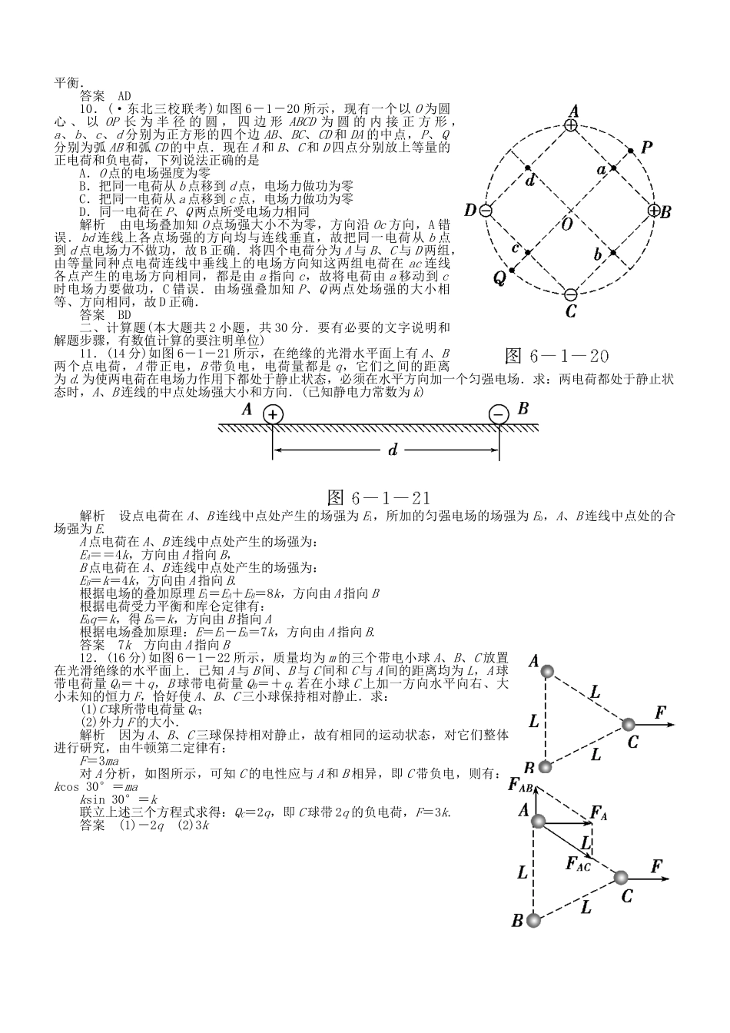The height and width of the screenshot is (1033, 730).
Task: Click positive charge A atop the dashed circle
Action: pos(571,125)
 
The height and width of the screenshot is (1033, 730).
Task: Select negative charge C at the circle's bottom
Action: pos(570,294)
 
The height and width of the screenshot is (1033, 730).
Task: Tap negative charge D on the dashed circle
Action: pos(486,211)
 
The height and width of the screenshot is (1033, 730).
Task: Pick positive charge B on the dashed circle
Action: pos(654,211)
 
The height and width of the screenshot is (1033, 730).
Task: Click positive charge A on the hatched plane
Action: pos(273,415)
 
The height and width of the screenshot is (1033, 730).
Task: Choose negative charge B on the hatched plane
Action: pos(498,415)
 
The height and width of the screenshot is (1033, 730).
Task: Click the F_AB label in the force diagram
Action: pos(520,785)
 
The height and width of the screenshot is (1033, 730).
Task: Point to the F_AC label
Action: pos(578,865)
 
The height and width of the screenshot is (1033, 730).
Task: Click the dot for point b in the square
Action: pos(613,253)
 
